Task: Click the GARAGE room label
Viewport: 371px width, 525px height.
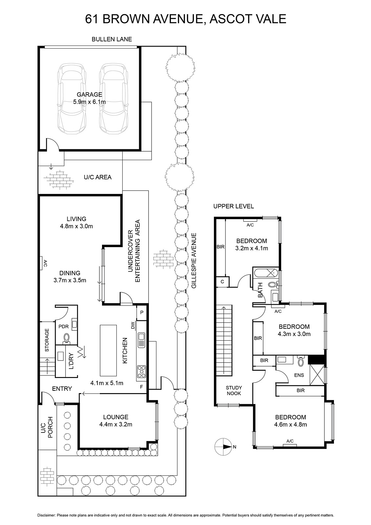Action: [x=89, y=94]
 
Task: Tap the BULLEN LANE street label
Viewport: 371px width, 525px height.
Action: [x=112, y=39]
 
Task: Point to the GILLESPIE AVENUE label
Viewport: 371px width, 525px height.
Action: [x=194, y=261]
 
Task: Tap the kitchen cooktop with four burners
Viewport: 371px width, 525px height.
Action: [x=141, y=372]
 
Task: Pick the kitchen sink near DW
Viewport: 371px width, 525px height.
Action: [x=141, y=340]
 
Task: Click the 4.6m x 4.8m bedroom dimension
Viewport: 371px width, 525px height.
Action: [x=290, y=425]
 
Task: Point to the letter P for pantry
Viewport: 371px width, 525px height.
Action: [x=142, y=312]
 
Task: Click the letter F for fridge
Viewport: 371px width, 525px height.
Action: [x=141, y=387]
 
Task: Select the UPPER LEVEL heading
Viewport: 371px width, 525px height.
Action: [x=234, y=206]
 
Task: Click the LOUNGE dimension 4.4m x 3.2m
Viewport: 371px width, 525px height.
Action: [x=116, y=424]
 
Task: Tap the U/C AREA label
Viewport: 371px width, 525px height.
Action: [x=97, y=177]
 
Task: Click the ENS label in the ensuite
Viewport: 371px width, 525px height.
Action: [x=299, y=375]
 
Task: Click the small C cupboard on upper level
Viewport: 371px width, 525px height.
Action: [x=222, y=282]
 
